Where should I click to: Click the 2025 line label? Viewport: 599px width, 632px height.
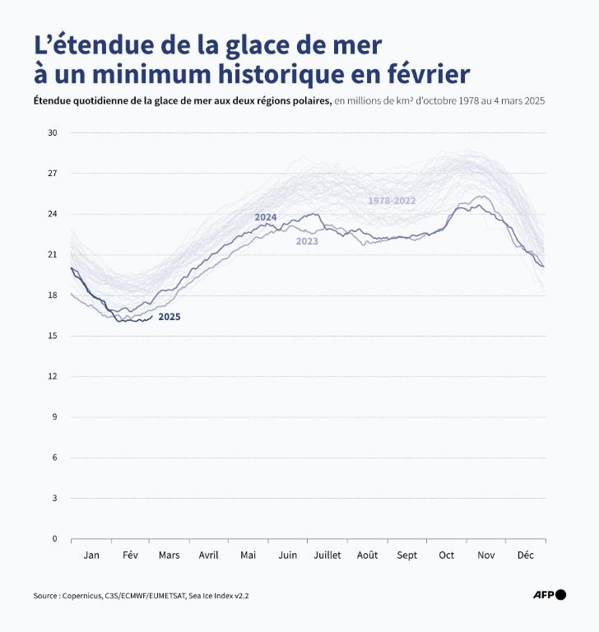pyautogui.click(x=169, y=317)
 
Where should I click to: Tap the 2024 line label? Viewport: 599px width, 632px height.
pyautogui.click(x=265, y=217)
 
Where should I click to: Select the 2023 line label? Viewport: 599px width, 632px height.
pyautogui.click(x=307, y=241)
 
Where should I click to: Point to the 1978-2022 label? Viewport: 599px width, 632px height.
pyautogui.click(x=392, y=201)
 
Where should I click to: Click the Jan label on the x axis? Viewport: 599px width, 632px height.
pyautogui.click(x=91, y=555)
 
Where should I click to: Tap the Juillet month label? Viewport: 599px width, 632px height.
pyautogui.click(x=327, y=555)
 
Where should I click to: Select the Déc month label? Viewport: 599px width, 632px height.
pyautogui.click(x=525, y=555)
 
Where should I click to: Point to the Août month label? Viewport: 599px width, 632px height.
pyautogui.click(x=367, y=555)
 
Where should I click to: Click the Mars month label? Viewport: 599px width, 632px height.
pyautogui.click(x=169, y=555)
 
